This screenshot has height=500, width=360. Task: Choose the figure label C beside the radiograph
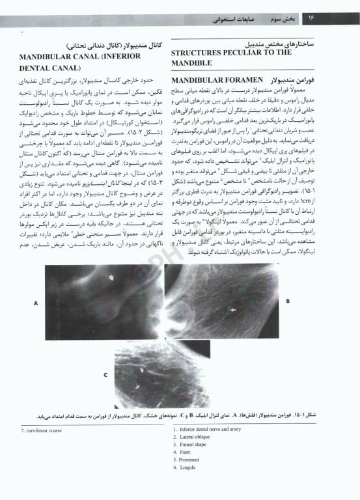(x=105, y=375)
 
